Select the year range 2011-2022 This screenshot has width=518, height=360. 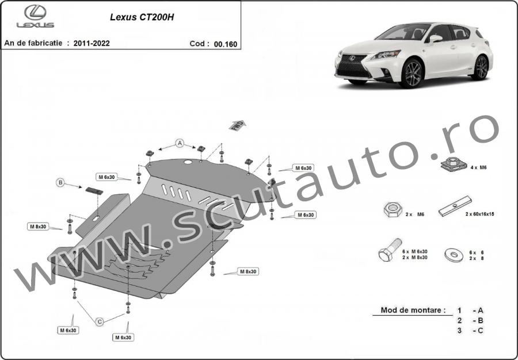tap(92, 43)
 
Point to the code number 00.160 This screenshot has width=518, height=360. tap(225, 43)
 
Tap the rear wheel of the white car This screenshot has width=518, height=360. tap(480, 68)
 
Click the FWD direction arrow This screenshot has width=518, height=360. tap(237, 125)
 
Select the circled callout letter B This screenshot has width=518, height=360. tap(60, 183)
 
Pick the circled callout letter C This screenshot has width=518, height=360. tap(99, 320)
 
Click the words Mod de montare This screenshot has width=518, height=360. tap(413, 311)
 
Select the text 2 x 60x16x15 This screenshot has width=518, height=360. tap(479, 214)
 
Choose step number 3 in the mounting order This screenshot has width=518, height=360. tap(460, 331)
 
